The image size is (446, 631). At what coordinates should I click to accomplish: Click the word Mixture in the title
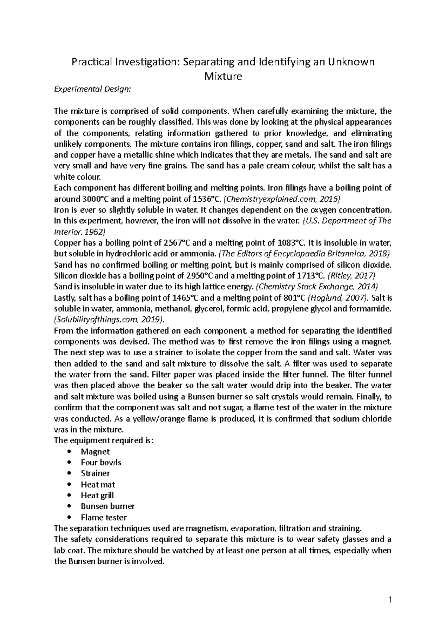(223, 77)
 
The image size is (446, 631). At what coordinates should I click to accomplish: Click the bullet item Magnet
(95, 452)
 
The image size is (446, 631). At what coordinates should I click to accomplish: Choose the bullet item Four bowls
(101, 462)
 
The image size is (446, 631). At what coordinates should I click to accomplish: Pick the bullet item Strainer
(96, 473)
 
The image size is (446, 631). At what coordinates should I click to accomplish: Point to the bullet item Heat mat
(98, 484)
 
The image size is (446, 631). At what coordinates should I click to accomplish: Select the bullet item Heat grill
(97, 495)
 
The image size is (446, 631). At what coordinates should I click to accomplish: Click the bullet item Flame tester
(104, 517)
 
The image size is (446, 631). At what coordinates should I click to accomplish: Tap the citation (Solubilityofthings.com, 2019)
(109, 319)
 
